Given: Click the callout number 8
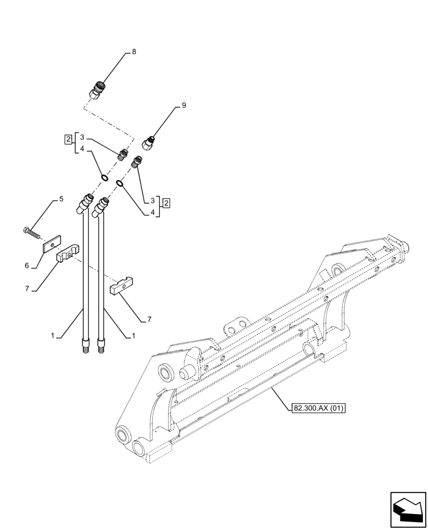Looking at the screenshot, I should coord(134,52).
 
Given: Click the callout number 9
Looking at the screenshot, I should coord(184,105).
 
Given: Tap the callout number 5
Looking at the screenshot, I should coord(61,199).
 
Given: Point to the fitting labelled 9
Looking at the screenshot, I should coord(148,143).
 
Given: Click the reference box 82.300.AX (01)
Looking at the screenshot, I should coord(317,408).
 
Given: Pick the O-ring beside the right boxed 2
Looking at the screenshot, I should coord(120,184).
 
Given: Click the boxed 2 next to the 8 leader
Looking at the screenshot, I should coord(68,139).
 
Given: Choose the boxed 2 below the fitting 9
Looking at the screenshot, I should coord(166,202).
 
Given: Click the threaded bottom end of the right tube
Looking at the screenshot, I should coord(101,348).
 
